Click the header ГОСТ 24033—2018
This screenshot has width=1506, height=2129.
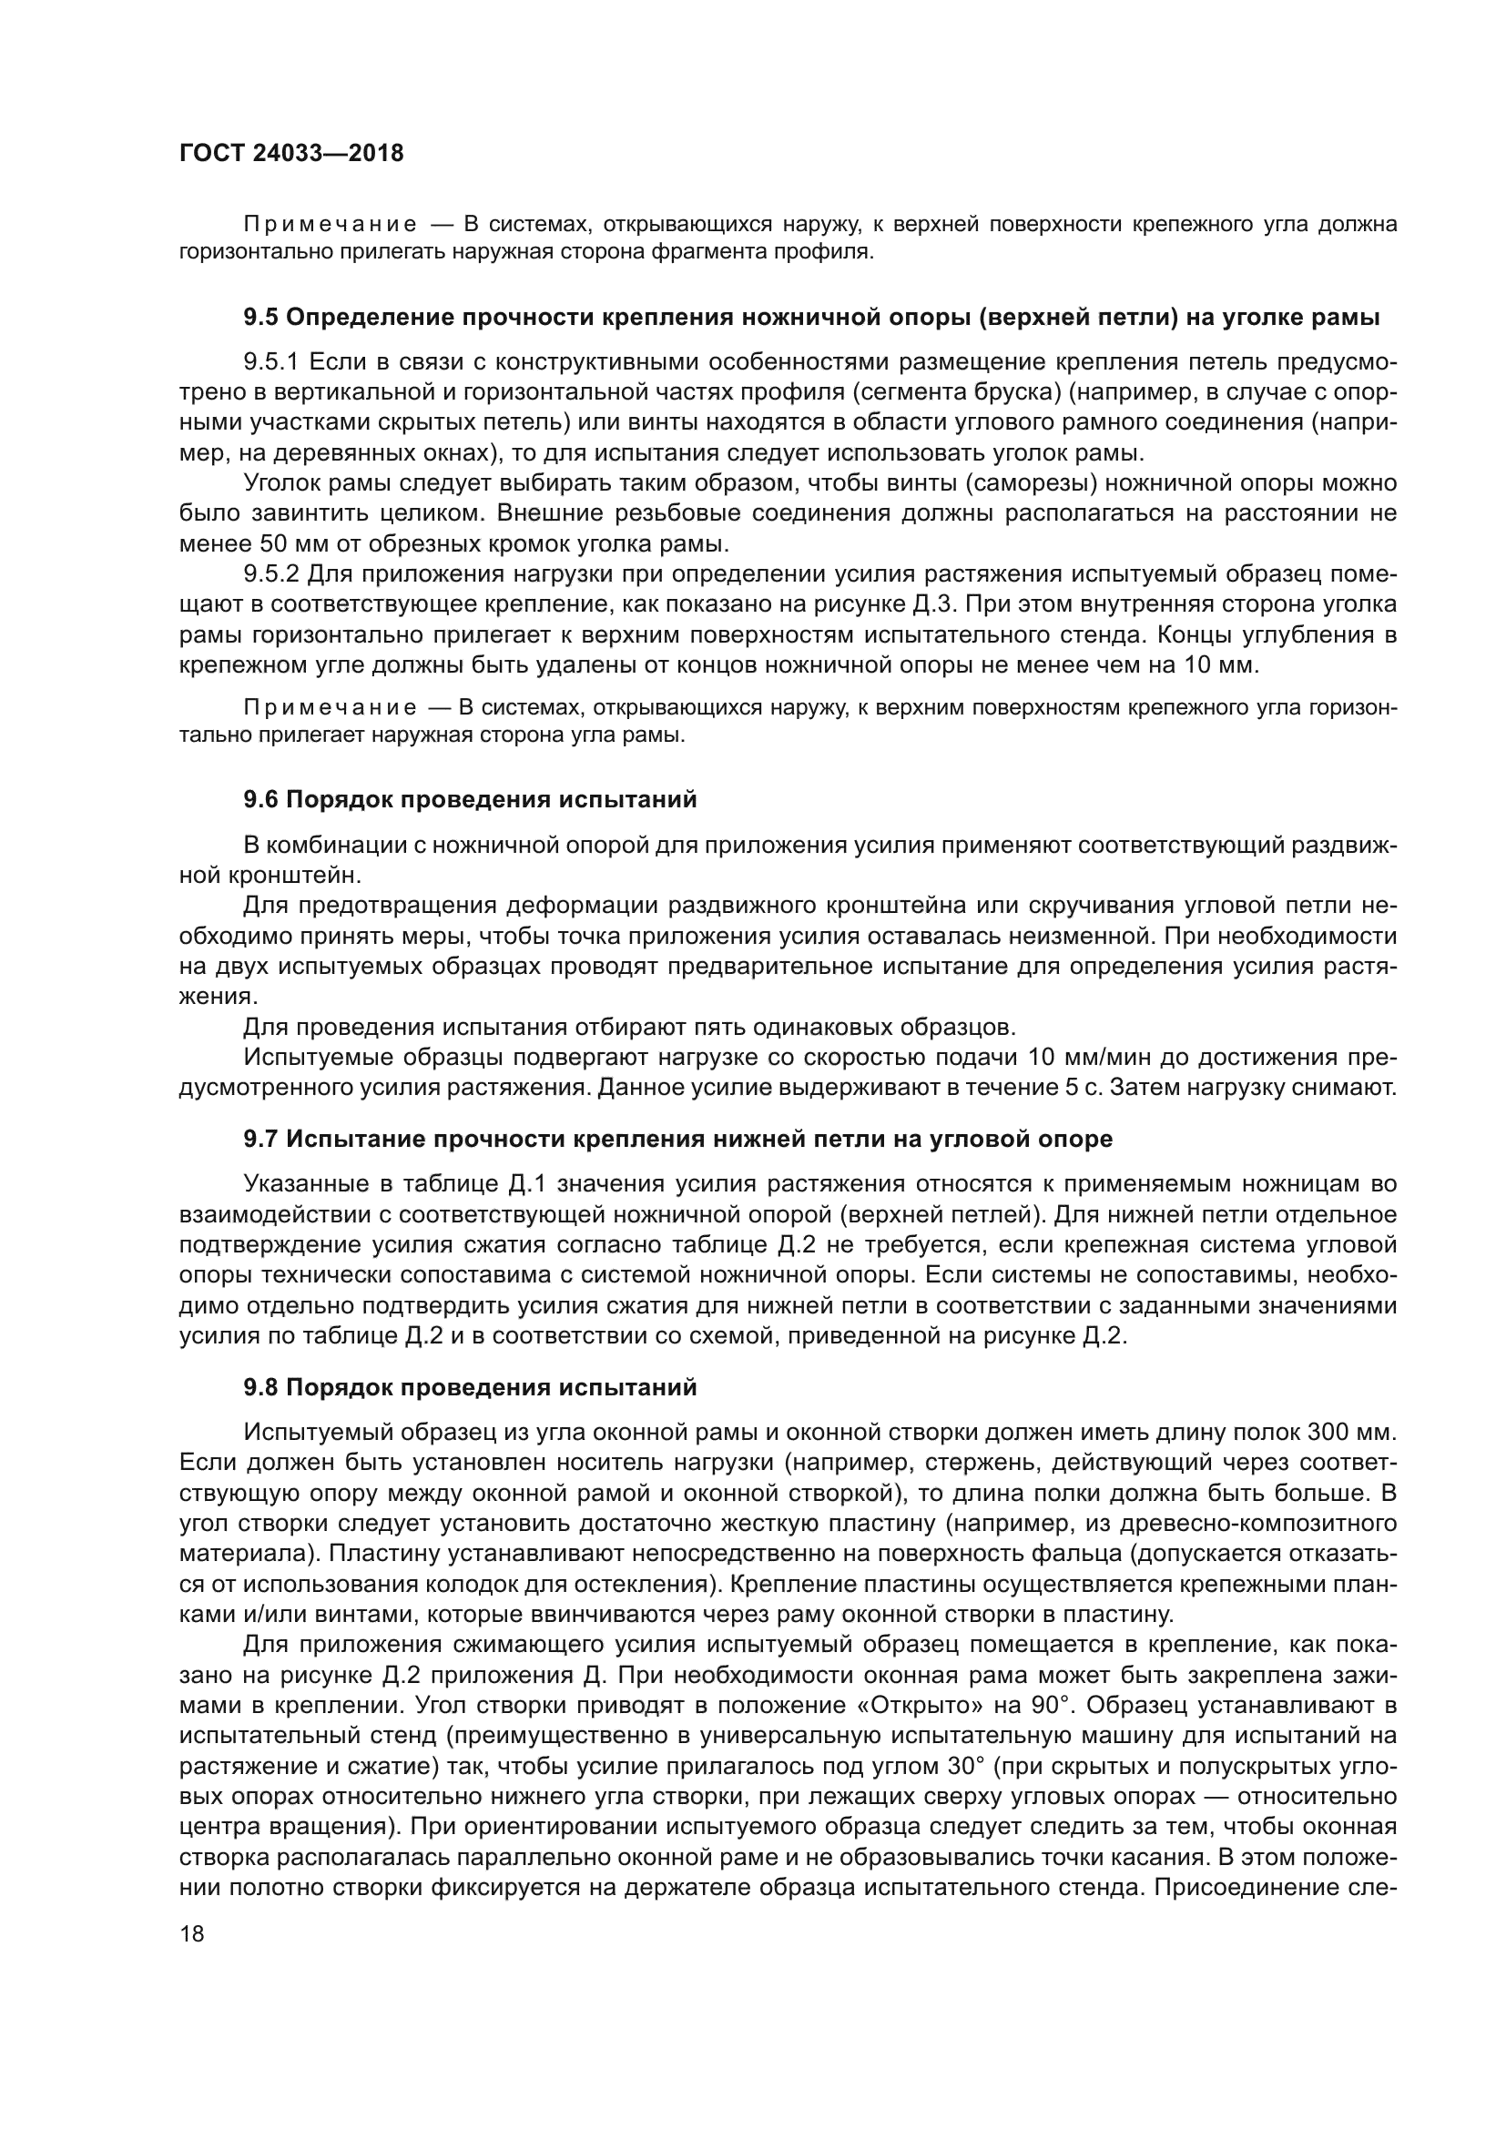point(291,154)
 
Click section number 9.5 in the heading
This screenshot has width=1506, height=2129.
point(260,318)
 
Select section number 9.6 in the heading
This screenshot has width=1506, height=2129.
point(260,799)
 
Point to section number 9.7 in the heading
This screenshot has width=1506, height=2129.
point(260,1139)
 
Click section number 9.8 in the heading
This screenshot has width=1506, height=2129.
point(260,1388)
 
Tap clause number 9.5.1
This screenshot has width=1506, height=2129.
point(270,361)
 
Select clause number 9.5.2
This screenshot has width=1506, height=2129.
point(270,575)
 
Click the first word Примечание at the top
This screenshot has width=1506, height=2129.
point(330,226)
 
